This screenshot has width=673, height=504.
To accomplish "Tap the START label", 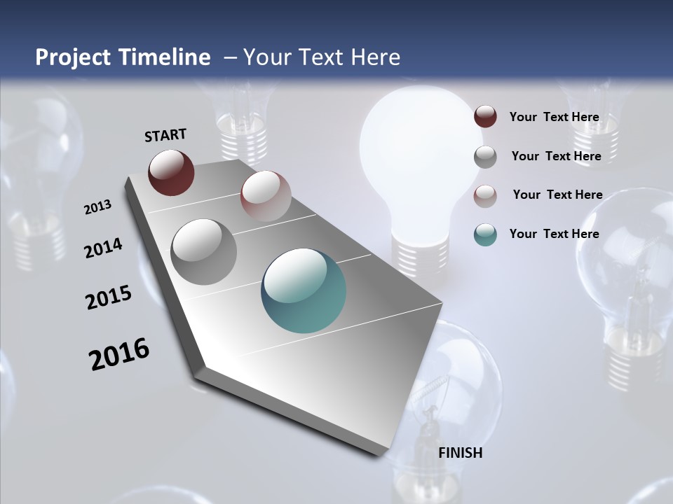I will point(165,134).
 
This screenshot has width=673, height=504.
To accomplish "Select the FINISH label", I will point(461,453).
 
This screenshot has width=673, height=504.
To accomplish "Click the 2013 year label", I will point(97,206).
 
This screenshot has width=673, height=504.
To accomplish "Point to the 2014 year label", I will point(103,248).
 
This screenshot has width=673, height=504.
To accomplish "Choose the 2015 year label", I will point(109,297).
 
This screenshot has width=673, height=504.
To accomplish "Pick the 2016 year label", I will point(119,354).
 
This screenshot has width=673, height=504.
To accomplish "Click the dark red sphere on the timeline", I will point(171,172).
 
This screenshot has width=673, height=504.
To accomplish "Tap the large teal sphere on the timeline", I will point(304,290).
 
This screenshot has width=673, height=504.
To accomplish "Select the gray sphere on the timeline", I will point(204,251).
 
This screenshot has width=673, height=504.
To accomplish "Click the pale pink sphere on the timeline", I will point(266,196).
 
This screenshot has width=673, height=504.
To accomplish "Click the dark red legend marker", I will point(485,117).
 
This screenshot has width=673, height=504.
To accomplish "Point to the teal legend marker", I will point(485,234).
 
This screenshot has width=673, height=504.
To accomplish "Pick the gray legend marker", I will point(485,156).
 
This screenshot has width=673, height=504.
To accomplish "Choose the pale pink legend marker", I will point(485,195).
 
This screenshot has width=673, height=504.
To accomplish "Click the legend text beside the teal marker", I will point(554,234).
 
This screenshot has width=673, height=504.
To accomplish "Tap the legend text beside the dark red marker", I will point(554,117).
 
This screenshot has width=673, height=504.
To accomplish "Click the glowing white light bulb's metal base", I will point(419,253).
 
